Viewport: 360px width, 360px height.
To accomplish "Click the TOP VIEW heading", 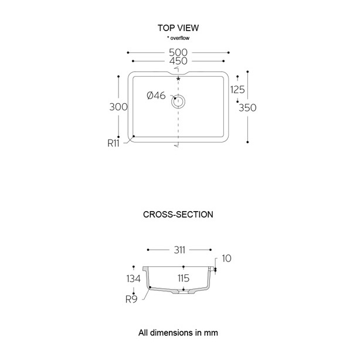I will tap(178, 28).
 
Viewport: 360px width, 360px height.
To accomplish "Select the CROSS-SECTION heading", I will tap(178, 215).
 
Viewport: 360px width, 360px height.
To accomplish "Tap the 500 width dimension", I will tap(178, 52).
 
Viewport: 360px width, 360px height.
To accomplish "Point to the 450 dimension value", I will tap(178, 61).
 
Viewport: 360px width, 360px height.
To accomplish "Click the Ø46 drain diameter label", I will tap(156, 96).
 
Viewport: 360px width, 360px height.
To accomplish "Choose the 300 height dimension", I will tap(118, 107).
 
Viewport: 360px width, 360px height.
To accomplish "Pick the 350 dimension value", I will tap(248, 107).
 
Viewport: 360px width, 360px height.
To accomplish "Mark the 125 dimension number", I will tap(237, 90).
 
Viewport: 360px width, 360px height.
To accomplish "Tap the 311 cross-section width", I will tap(179, 250).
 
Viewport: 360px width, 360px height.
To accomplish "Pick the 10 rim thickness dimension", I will tap(226, 259).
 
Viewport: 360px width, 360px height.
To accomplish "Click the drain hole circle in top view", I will tap(178, 101).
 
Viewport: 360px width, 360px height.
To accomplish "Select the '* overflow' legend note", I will tap(178, 38).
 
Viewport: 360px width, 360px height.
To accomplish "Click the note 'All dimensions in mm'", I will tap(178, 332).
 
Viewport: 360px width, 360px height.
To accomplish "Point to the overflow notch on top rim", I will tap(178, 74).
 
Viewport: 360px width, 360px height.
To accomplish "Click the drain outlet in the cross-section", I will tap(185, 290).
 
